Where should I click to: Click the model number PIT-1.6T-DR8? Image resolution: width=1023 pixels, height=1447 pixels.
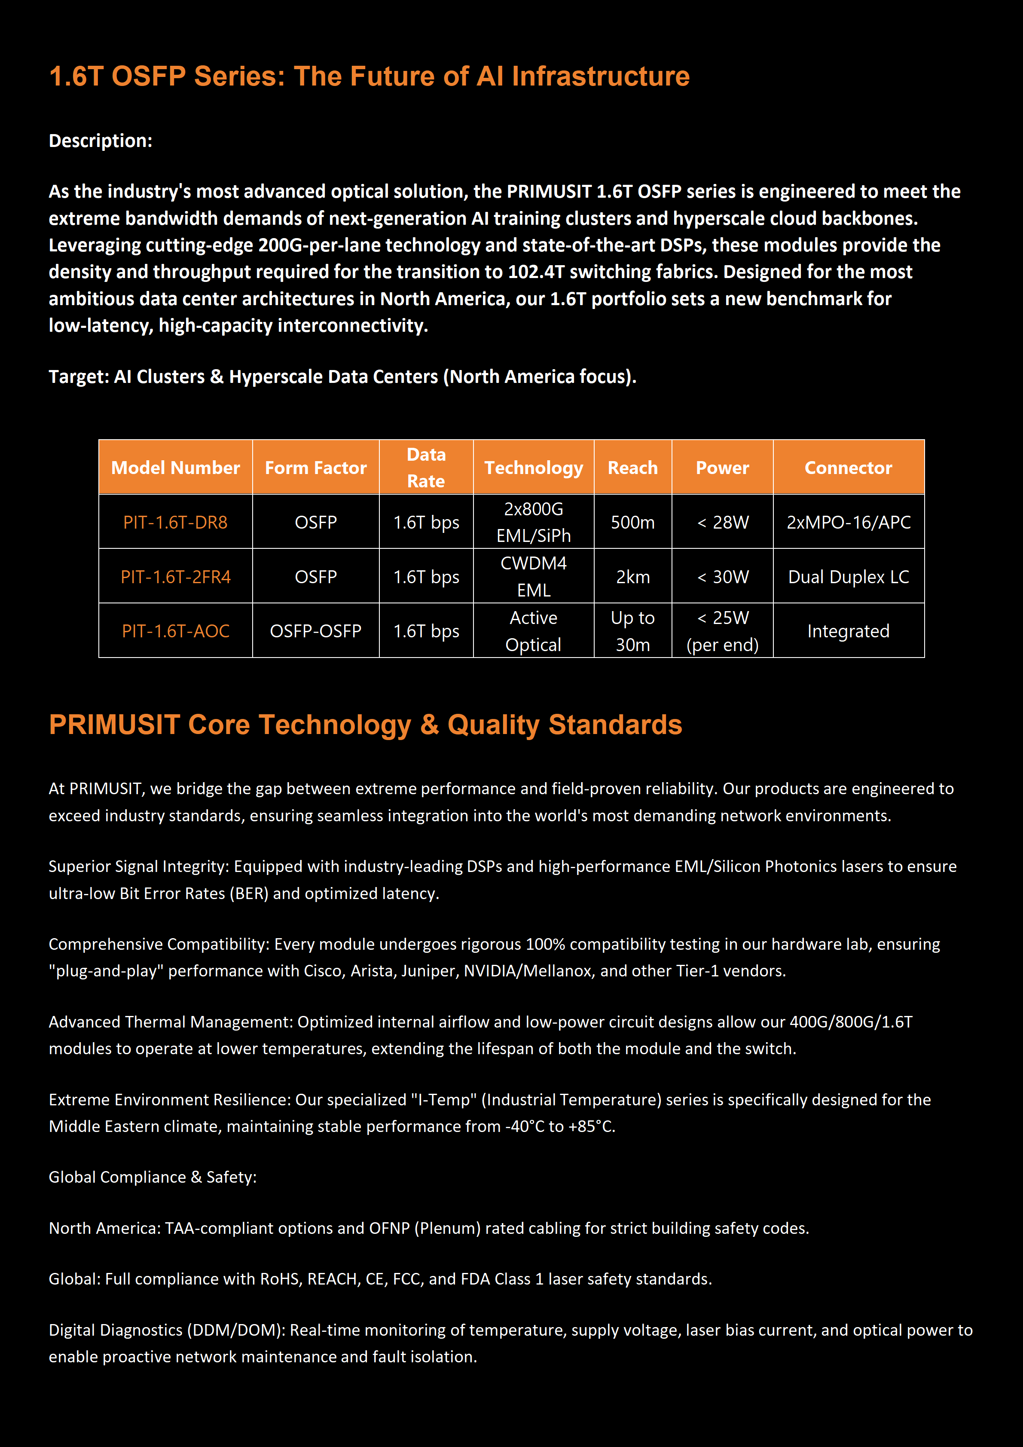point(175,523)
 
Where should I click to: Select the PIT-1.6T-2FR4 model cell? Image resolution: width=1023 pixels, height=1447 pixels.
point(175,577)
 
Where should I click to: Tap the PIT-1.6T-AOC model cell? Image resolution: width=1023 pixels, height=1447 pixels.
point(175,631)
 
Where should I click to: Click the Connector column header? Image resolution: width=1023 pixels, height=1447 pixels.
point(848,468)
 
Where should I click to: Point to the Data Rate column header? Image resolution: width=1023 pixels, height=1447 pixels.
point(426,468)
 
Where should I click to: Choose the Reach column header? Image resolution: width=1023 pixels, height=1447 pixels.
point(632,468)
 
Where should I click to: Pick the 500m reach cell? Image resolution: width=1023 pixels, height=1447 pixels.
point(632,523)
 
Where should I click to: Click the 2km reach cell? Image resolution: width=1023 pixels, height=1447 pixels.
point(632,577)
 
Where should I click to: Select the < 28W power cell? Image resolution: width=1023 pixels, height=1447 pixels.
point(723,523)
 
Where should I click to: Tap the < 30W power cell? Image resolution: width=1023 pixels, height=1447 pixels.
point(723,577)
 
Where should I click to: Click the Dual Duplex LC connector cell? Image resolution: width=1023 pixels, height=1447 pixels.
point(848,577)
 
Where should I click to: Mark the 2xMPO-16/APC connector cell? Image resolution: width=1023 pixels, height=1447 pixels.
point(848,523)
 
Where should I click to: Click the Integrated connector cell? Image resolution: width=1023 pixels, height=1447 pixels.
point(848,631)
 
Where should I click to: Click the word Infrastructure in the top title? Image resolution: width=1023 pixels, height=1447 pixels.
point(600,76)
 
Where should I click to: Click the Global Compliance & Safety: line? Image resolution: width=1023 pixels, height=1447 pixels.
point(153,1177)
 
